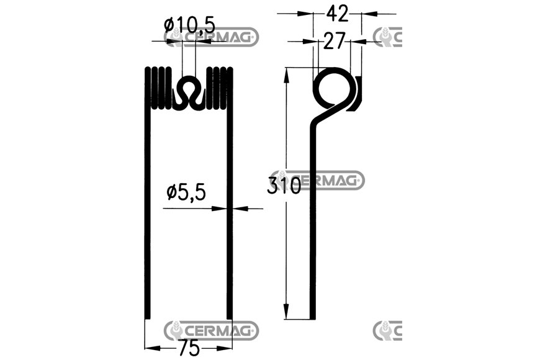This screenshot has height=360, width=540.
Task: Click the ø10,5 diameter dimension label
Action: pos(190,26)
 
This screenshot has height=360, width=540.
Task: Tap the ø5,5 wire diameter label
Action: pos(186,192)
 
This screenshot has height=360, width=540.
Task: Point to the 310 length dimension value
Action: pos(284,186)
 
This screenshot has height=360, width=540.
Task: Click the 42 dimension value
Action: pos(338,14)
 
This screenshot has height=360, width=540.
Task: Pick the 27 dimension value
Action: pos(334,42)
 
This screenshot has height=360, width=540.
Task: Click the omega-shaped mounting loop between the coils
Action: pos(189,92)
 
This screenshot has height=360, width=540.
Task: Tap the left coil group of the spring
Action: pos(158,88)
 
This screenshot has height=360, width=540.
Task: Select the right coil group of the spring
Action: pos(220,88)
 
